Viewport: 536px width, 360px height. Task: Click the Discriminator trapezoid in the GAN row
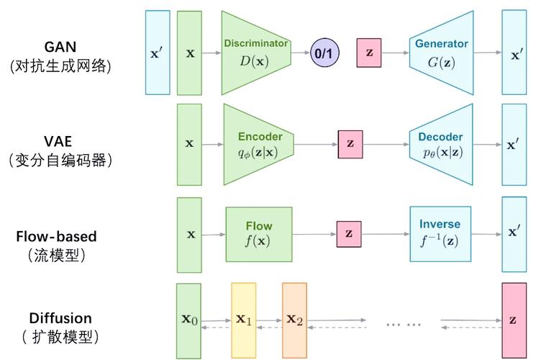click(255, 52)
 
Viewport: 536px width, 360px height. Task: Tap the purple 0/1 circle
click(324, 53)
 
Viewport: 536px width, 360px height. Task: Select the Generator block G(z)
click(441, 53)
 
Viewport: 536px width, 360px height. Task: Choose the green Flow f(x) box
click(258, 233)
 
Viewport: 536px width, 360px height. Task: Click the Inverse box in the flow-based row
click(440, 233)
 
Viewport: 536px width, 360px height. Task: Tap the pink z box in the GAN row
click(369, 53)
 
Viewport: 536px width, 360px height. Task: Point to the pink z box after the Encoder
click(350, 143)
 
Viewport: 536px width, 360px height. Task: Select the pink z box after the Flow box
click(349, 233)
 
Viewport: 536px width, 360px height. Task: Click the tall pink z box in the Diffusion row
click(514, 320)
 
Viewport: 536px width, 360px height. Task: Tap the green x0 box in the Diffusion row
click(189, 320)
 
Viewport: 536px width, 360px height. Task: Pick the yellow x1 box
click(243, 319)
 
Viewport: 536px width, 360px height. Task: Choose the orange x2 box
click(294, 319)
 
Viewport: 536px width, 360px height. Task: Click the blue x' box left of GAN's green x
click(158, 53)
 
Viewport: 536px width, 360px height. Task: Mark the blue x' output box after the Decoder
click(514, 144)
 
